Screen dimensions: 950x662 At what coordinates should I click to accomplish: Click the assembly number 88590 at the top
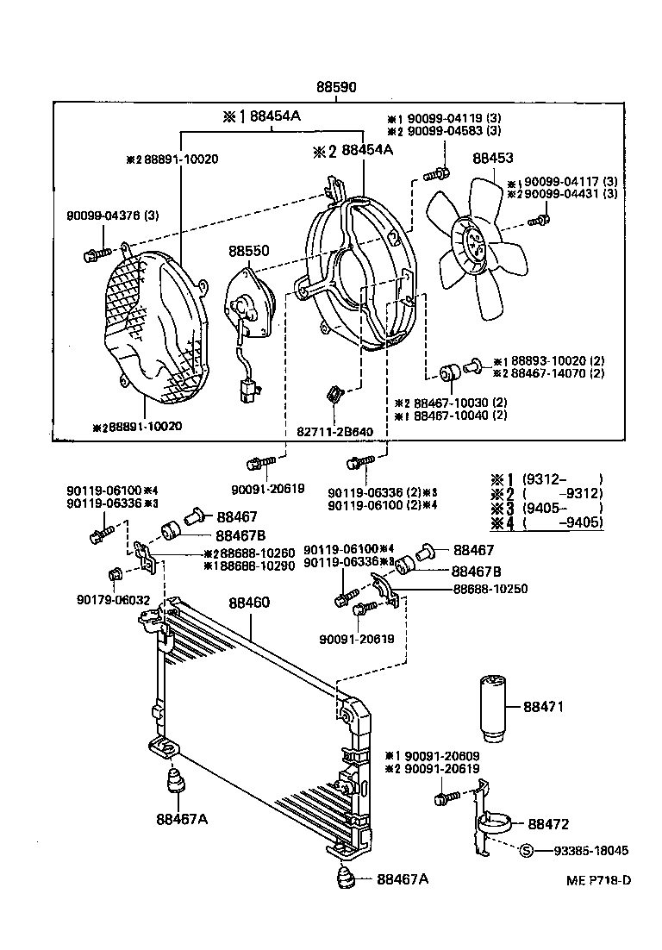(336, 88)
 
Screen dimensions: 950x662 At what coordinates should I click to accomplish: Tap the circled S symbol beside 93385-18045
(528, 850)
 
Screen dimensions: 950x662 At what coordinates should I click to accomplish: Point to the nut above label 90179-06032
(114, 575)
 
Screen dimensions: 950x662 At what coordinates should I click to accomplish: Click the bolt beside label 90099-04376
(94, 253)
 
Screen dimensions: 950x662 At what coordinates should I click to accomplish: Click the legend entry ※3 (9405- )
(545, 508)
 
